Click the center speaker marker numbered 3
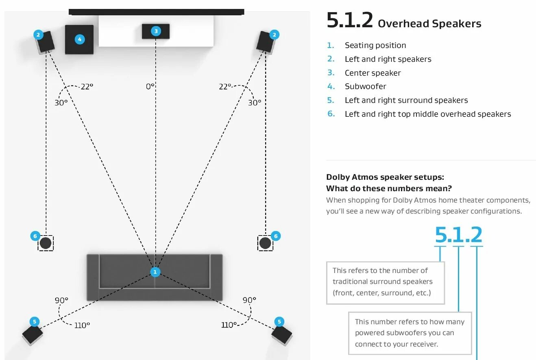[155, 31]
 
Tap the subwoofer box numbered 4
[79, 39]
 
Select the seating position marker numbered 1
[155, 272]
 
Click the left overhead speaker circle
[46, 243]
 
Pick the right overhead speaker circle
[265, 243]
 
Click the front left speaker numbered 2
[45, 41]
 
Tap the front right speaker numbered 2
[267, 41]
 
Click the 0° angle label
[150, 86]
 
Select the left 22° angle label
[87, 86]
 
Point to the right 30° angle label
[255, 103]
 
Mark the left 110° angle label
[82, 325]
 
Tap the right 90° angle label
[249, 300]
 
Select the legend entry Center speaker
[373, 73]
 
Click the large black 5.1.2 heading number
[349, 21]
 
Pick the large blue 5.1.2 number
[458, 235]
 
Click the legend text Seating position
[375, 45]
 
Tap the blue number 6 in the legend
[331, 114]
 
